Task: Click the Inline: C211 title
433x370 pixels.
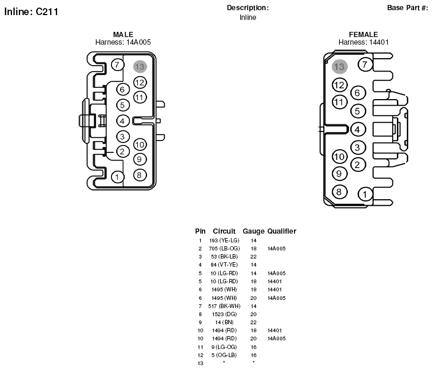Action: (31, 12)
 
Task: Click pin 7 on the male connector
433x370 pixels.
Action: (117, 65)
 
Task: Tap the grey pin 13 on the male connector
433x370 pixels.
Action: (140, 67)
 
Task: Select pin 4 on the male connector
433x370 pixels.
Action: (123, 121)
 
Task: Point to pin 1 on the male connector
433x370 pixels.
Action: (117, 177)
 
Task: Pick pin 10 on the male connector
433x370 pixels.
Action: (140, 145)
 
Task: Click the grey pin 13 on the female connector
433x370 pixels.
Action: (339, 67)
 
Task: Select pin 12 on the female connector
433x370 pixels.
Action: (339, 85)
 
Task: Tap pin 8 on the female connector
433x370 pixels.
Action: (339, 192)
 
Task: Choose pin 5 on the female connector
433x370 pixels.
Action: (358, 111)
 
